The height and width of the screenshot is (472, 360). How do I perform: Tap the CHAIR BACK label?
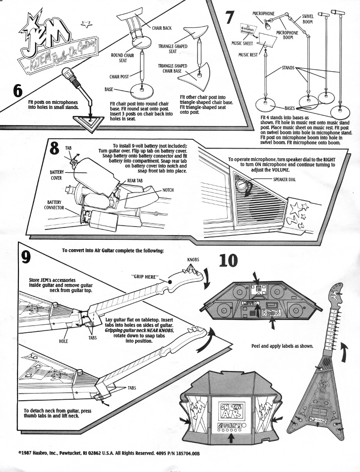tap(163, 28)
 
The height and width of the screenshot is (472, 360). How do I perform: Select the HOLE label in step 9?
tap(63, 340)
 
